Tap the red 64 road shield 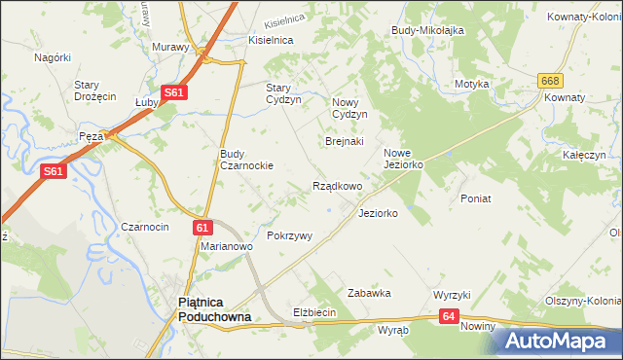pyautogui.click(x=448, y=316)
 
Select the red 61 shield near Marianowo pyautogui.click(x=202, y=227)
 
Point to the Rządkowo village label pyautogui.click(x=337, y=186)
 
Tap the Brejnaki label pyautogui.click(x=344, y=141)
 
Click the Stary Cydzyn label pyautogui.click(x=284, y=92)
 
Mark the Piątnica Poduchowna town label pyautogui.click(x=214, y=309)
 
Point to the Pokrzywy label pyautogui.click(x=289, y=236)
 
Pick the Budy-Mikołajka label pyautogui.click(x=427, y=30)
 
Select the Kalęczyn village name pyautogui.click(x=584, y=155)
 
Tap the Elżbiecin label pyautogui.click(x=314, y=312)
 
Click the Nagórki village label pyautogui.click(x=53, y=57)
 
